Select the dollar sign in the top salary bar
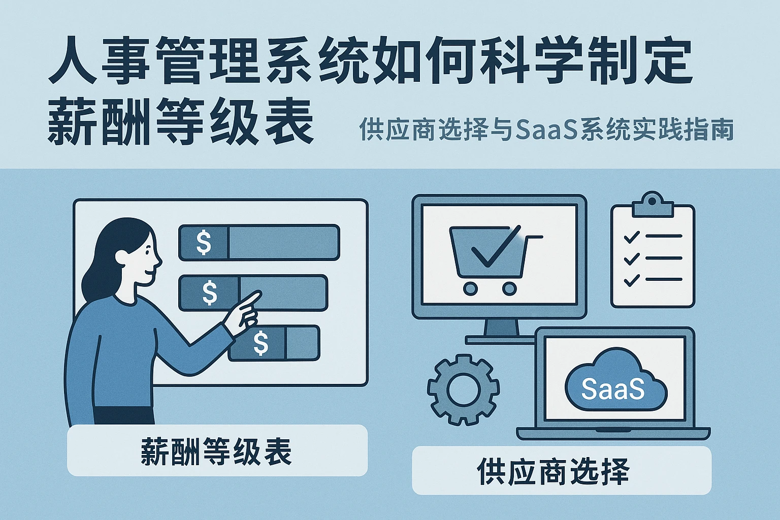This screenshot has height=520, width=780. click(x=204, y=242)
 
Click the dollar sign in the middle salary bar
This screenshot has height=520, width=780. click(x=209, y=293)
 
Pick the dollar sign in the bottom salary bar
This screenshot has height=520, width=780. click(x=261, y=343)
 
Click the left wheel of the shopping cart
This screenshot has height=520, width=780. click(x=471, y=289)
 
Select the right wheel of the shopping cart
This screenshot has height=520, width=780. click(x=509, y=289)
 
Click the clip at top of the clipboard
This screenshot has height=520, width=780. click(x=653, y=204)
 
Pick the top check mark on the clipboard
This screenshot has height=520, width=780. click(x=631, y=237)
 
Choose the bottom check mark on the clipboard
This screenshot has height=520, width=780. click(x=631, y=280)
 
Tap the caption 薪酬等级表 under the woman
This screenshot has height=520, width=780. click(x=217, y=451)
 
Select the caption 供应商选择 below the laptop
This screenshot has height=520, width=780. click(x=553, y=471)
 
